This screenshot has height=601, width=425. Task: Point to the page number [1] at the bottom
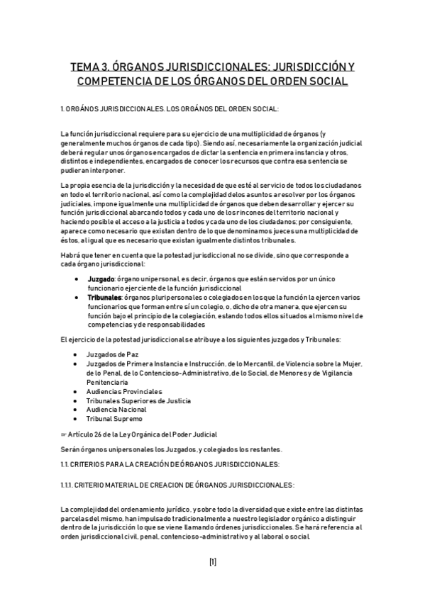tap(212, 562)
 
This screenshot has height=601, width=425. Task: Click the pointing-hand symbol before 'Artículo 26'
tap(65, 434)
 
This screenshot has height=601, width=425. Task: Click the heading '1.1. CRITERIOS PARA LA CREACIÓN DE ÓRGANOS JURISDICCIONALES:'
tap(170, 464)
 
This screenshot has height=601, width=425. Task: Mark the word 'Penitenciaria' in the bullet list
tap(109, 382)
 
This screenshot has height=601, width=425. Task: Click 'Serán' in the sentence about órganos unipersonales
tap(71, 449)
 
